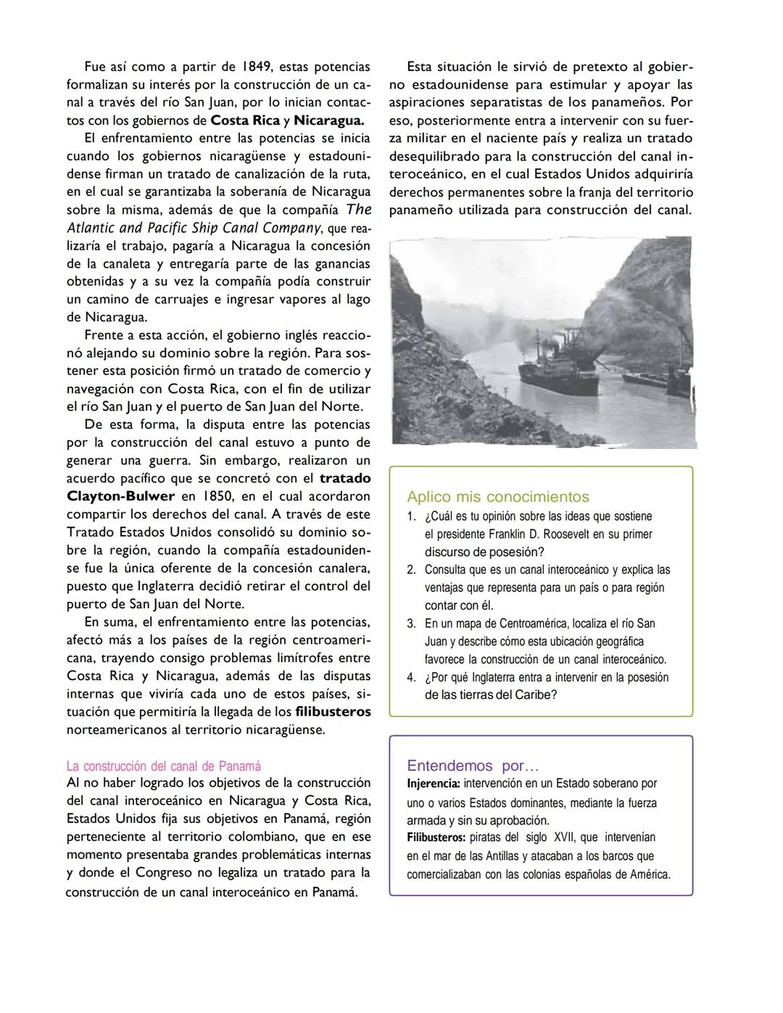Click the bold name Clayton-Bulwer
coord(120,497)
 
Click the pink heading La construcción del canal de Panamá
coord(163,766)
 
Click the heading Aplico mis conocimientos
coord(497,497)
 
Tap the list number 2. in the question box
coord(411,570)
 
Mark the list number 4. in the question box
coord(411,677)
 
